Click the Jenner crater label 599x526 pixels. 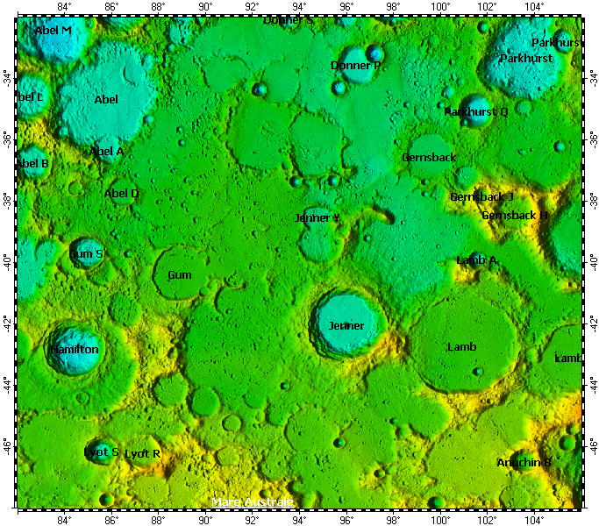click(346, 326)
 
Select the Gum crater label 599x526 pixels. click(179, 275)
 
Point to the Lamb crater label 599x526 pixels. click(462, 347)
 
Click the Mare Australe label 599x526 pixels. click(253, 502)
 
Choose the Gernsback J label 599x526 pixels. click(481, 197)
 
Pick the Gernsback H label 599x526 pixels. click(515, 216)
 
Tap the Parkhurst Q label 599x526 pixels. click(476, 112)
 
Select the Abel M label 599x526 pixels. click(53, 31)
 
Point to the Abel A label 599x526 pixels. click(106, 152)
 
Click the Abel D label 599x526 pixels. click(122, 194)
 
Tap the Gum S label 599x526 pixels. click(86, 254)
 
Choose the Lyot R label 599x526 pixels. click(143, 454)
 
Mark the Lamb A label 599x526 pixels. click(477, 260)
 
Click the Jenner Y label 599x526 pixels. click(317, 217)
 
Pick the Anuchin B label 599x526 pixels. click(524, 462)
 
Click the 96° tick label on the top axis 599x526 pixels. click(346, 8)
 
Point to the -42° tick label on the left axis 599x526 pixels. click(7, 322)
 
